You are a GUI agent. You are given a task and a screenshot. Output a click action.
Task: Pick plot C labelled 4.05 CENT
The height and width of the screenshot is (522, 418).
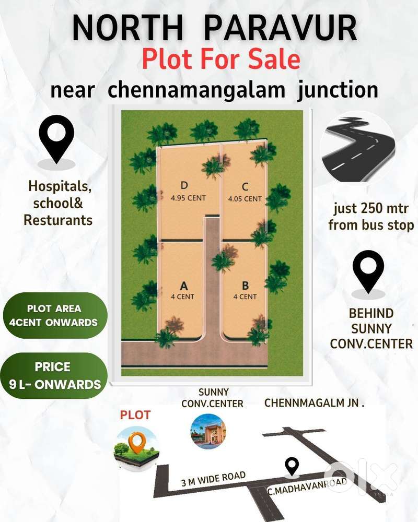pyautogui.click(x=245, y=192)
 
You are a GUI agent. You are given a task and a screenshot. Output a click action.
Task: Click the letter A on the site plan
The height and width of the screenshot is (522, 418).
pyautogui.click(x=183, y=286)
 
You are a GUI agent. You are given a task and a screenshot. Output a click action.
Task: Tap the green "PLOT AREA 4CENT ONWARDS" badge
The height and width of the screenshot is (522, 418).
pyautogui.click(x=54, y=315)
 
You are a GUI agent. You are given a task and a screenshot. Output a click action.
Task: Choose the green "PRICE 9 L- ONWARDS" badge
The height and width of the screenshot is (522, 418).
pyautogui.click(x=54, y=376)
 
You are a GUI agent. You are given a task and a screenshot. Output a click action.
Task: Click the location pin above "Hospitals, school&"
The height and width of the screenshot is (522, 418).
pyautogui.click(x=57, y=139)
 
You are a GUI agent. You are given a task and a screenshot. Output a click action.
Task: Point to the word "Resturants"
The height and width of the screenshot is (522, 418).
pyautogui.click(x=58, y=220)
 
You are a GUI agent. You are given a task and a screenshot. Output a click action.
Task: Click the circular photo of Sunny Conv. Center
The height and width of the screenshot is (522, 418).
pyautogui.click(x=208, y=432)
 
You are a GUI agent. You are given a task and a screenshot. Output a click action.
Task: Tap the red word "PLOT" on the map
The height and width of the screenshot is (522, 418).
pyautogui.click(x=135, y=415)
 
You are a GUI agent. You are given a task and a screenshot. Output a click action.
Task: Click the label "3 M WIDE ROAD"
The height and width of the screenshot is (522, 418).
pyautogui.click(x=213, y=479)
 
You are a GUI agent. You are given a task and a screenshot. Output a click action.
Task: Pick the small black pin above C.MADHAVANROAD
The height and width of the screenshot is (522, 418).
pyautogui.click(x=292, y=466)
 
